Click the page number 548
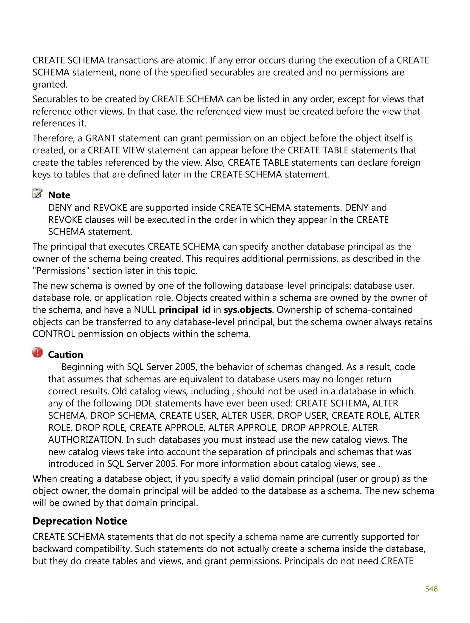[x=431, y=589]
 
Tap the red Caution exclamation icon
[x=37, y=352]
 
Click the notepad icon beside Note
[x=37, y=193]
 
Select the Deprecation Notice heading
[x=80, y=521]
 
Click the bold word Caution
[x=65, y=354]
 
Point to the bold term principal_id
[x=185, y=310]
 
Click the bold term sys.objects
[x=248, y=310]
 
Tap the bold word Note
[x=59, y=195]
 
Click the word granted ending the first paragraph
[x=50, y=84]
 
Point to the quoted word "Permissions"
[x=61, y=271]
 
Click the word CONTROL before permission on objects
[x=53, y=334]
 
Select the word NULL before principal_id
[x=145, y=310]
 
